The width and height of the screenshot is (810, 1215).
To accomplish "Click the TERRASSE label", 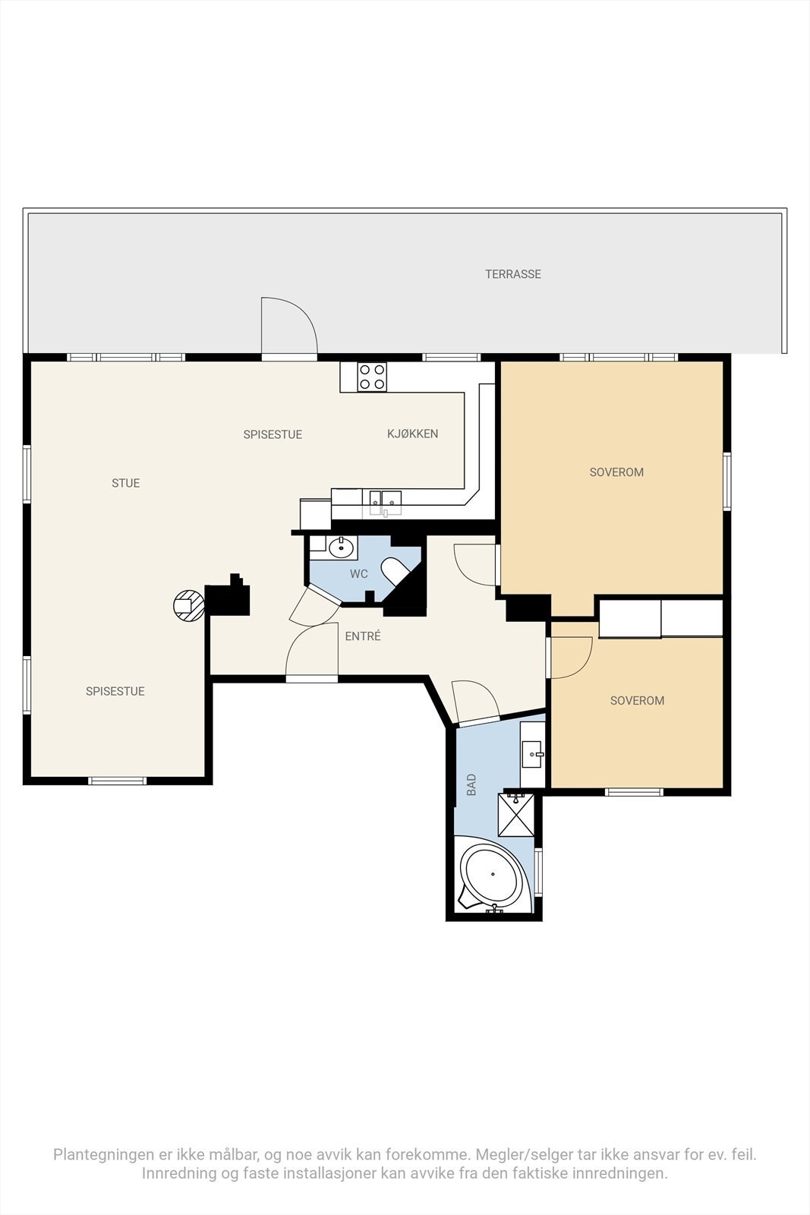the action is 513,274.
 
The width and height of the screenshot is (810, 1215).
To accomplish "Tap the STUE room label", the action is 126,483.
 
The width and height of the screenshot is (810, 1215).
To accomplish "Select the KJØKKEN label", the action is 412,434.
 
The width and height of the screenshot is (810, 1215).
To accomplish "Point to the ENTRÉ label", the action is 363,636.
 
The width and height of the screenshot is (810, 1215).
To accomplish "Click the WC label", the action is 359,574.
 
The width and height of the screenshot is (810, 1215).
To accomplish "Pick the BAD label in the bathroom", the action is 471,784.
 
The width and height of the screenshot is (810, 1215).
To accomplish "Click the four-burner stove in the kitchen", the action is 372,377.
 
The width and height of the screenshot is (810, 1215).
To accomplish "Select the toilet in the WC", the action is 395,572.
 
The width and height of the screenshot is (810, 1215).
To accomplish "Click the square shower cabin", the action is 516,815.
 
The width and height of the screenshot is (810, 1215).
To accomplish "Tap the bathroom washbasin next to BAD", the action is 532,753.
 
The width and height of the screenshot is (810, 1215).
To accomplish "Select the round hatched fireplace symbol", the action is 189,604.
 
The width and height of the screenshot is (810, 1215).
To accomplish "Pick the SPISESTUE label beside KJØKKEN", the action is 273,434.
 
